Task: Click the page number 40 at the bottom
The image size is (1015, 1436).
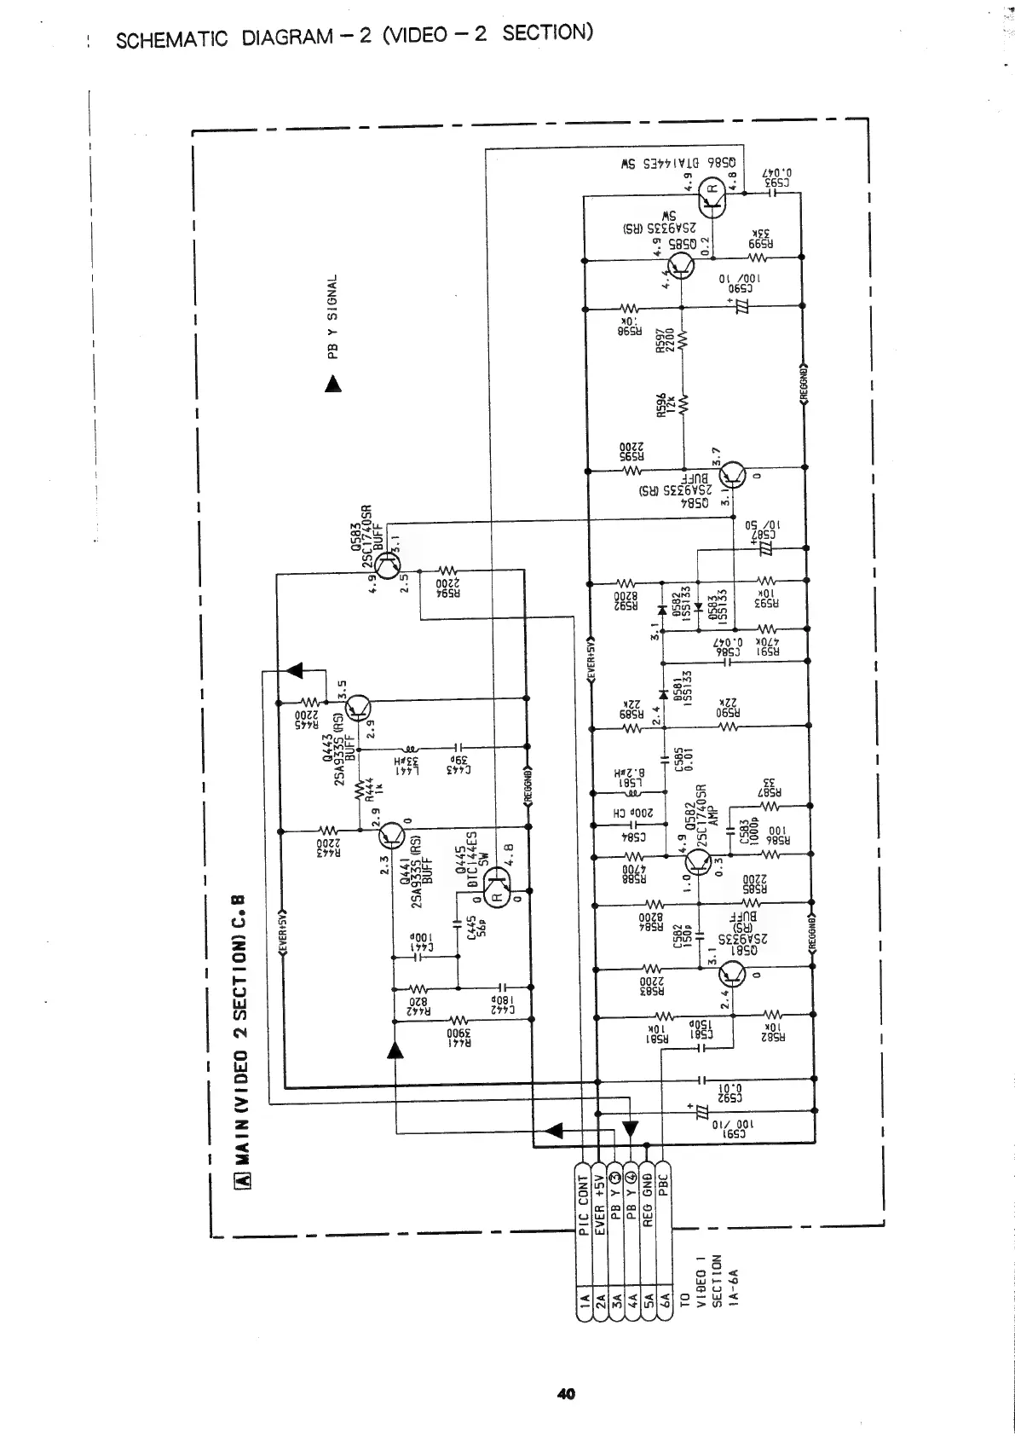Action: click(565, 1394)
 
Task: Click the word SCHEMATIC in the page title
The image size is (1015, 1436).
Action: click(171, 39)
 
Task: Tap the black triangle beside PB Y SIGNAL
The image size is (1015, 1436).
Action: click(332, 385)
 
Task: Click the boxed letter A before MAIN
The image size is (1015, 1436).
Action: click(242, 1179)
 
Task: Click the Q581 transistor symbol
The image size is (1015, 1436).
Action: click(731, 973)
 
